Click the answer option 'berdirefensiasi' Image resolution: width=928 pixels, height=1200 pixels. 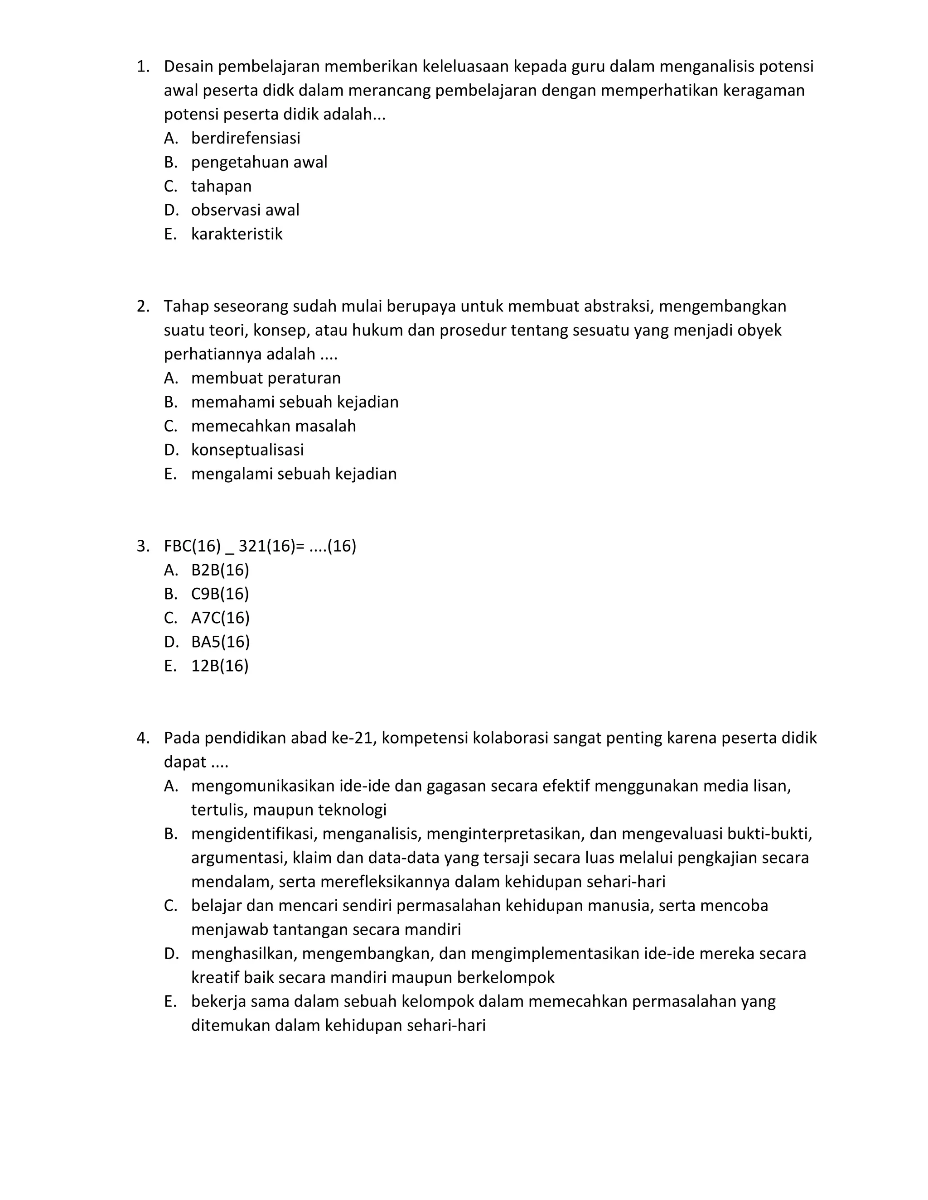click(x=245, y=139)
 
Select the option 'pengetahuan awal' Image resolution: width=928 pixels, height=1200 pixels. click(x=259, y=163)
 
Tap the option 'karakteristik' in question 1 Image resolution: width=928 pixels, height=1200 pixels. click(x=237, y=235)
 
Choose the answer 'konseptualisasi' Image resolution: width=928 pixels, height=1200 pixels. click(x=247, y=451)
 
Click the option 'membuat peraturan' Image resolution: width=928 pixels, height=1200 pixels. click(x=266, y=379)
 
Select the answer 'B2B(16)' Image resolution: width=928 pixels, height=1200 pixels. click(x=220, y=570)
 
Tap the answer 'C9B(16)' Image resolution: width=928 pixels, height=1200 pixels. click(x=220, y=595)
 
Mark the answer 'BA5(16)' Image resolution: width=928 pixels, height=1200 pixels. click(x=221, y=642)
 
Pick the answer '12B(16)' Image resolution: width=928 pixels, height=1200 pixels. click(x=220, y=667)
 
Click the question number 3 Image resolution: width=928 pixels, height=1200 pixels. click(x=142, y=547)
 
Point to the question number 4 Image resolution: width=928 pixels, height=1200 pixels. click(x=142, y=739)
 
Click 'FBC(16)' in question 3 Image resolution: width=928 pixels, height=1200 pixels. click(x=192, y=547)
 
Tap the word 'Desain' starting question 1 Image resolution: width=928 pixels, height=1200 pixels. click(x=189, y=67)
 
